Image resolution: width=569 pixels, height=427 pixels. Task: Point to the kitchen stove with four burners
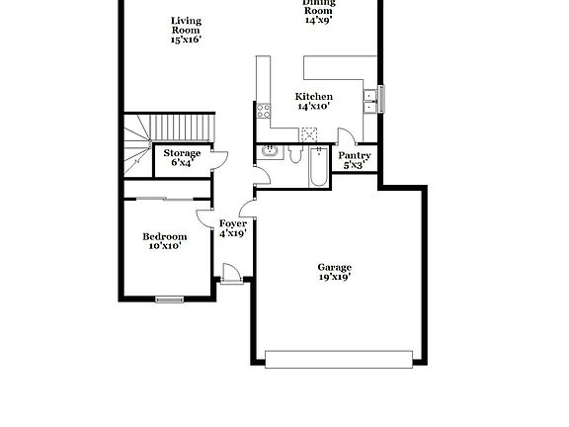(264, 111)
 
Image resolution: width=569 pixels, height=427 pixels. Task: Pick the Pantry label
(354, 155)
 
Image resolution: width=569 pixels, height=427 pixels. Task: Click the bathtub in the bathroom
(318, 166)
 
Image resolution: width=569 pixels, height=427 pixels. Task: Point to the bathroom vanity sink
(269, 151)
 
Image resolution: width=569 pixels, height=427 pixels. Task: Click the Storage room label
(182, 153)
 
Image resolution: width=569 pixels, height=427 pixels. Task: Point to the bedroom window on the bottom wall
(170, 298)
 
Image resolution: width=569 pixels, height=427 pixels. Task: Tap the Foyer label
(232, 223)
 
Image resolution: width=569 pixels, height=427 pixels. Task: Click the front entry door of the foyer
(230, 274)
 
